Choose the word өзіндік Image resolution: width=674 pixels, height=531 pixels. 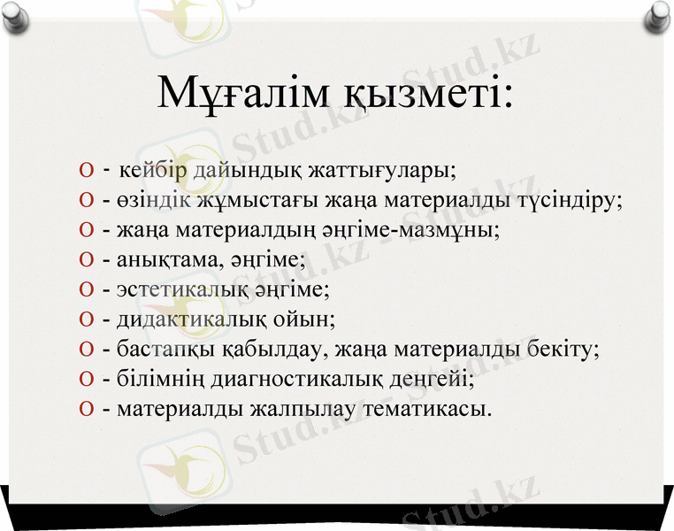[x=147, y=200]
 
